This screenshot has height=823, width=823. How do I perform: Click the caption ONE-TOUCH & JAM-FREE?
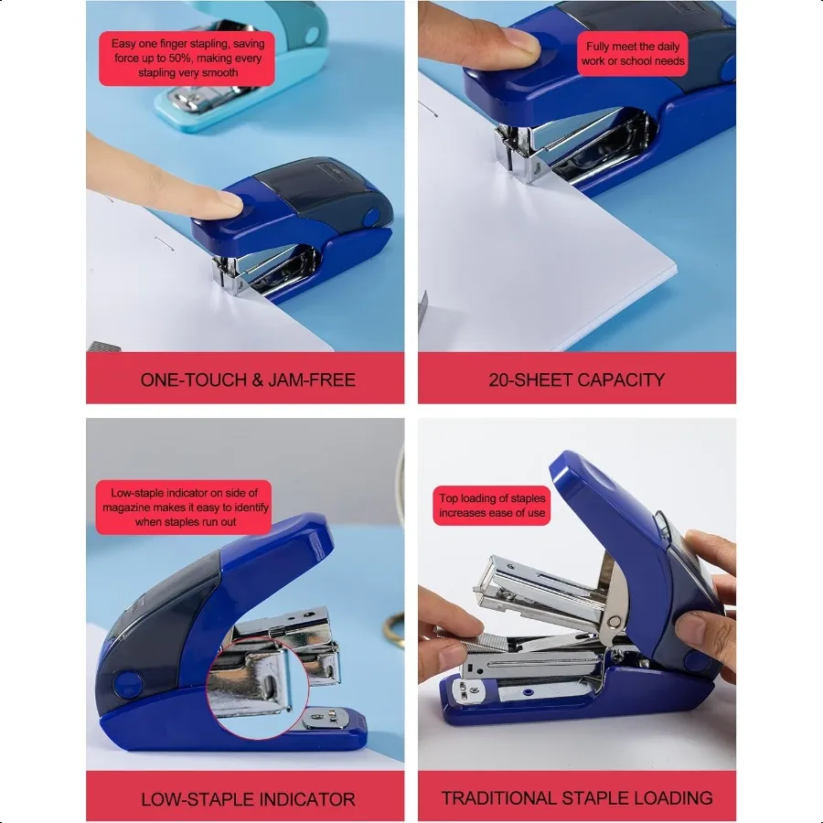coord(248,379)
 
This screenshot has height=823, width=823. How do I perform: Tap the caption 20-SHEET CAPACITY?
coord(576,379)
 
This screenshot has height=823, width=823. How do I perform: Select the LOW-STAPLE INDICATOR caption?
coord(248,798)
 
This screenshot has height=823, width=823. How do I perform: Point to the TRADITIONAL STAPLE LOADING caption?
coord(576,797)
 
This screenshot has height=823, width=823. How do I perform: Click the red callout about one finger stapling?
coord(187,58)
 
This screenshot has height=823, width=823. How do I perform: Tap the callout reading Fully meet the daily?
coord(633,54)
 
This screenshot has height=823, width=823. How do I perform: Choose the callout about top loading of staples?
coord(492,506)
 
